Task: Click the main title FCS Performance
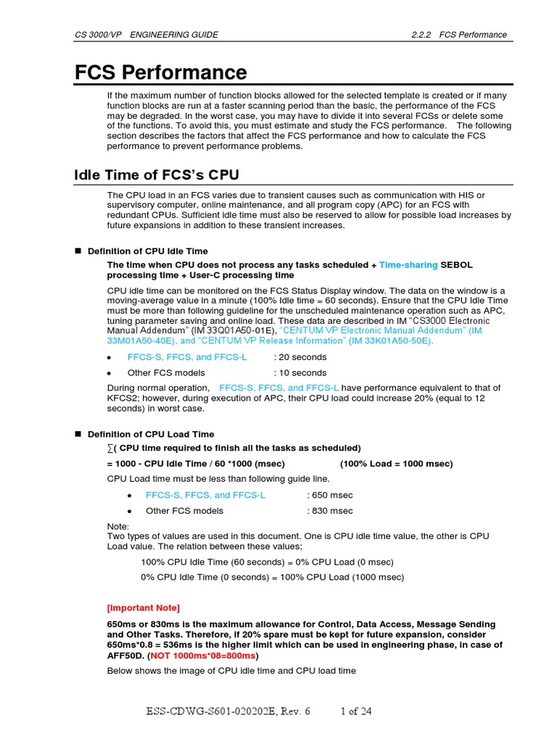161,73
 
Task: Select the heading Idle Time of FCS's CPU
157,175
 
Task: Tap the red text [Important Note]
144,607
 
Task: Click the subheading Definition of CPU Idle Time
147,251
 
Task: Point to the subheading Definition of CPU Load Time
151,434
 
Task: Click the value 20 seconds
300,357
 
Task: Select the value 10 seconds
300,373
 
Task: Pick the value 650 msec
330,495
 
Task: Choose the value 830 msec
330,511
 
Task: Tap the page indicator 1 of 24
356,712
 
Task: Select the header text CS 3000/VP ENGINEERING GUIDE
147,35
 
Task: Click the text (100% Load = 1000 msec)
396,464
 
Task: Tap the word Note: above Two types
118,526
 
